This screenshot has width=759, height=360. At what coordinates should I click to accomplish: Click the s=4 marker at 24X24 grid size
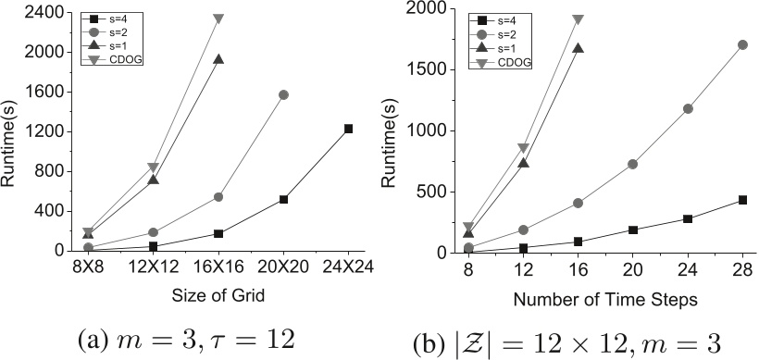click(x=348, y=129)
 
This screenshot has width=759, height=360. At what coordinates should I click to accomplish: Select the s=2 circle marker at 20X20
click(x=283, y=94)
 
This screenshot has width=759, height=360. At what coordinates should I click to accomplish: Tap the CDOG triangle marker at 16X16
click(x=218, y=19)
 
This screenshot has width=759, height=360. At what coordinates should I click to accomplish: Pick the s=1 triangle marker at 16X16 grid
click(x=218, y=59)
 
